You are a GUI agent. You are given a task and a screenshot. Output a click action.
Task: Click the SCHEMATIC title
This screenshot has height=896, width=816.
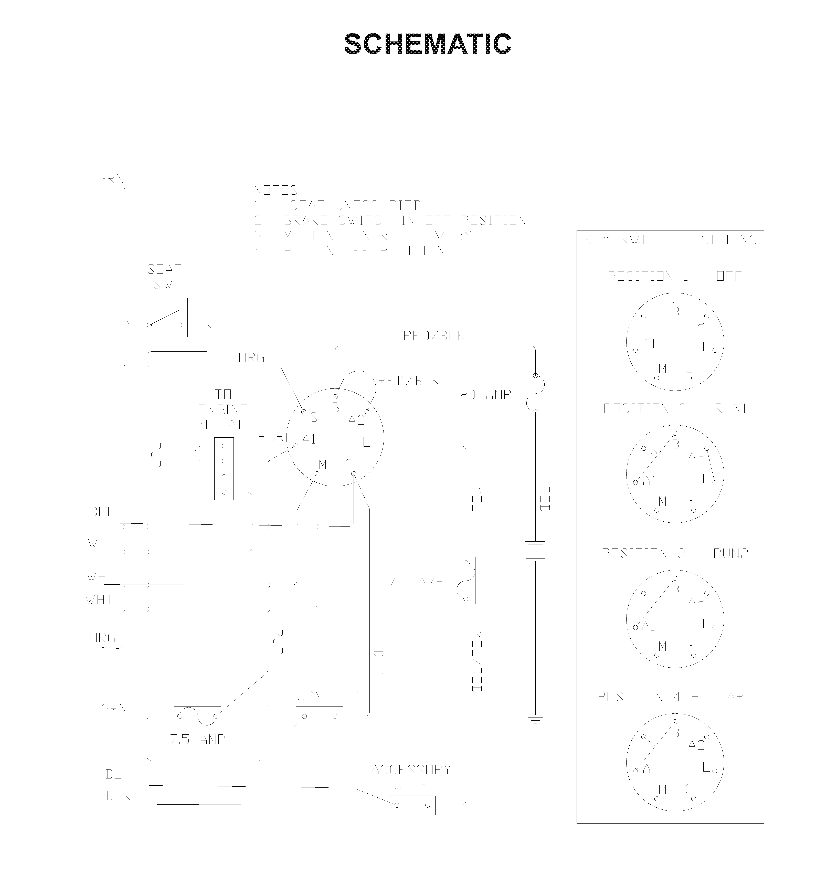tap(428, 44)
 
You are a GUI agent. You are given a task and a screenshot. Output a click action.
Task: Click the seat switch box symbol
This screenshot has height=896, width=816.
tap(164, 317)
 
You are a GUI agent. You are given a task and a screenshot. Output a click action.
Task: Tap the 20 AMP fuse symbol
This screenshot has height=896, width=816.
tap(535, 393)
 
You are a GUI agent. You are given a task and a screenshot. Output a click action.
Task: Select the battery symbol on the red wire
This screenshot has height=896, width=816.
tap(535, 551)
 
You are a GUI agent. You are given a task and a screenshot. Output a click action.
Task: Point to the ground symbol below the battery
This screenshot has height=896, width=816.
tap(535, 719)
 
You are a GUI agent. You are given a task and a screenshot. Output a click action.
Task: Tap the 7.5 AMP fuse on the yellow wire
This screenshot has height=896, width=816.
tap(465, 581)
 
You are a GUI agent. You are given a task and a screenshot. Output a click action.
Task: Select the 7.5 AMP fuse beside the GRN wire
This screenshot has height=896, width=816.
tap(197, 716)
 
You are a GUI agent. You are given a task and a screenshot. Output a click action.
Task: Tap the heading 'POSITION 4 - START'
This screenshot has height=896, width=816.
tap(675, 697)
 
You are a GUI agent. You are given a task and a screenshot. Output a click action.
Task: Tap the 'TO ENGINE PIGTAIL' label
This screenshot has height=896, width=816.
tap(223, 409)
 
